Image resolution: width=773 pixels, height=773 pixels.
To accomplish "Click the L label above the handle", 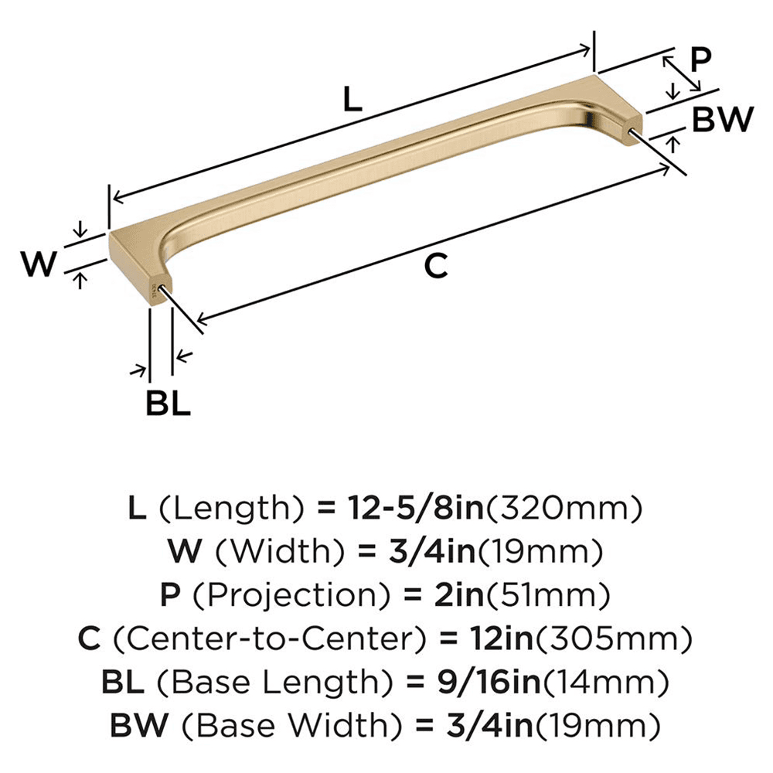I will [x=352, y=100].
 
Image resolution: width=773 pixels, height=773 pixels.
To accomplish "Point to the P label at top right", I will [x=700, y=60].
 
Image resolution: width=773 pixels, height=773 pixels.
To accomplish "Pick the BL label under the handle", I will [x=168, y=404].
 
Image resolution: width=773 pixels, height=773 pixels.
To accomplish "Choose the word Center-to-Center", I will [x=266, y=639].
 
